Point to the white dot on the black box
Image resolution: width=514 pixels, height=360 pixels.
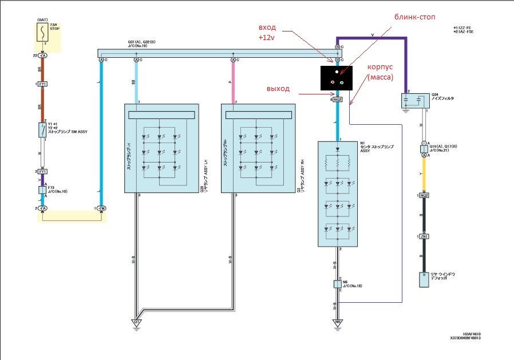click(337, 72)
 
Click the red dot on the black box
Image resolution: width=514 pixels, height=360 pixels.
click(333, 82)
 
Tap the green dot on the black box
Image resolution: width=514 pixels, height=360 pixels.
click(341, 82)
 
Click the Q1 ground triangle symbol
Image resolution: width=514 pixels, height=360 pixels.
click(137, 322)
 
